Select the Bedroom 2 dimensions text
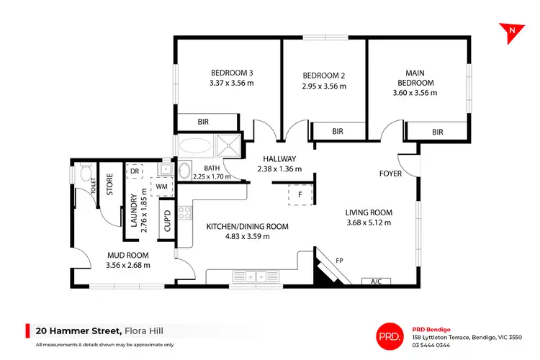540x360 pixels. (324, 86)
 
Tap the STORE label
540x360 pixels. (110, 186)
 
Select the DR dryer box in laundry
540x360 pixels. (135, 171)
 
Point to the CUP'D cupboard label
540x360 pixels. (166, 220)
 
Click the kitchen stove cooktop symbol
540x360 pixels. (184, 212)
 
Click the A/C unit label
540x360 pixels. (375, 281)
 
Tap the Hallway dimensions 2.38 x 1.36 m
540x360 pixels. (279, 169)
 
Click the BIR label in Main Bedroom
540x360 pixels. (437, 132)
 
